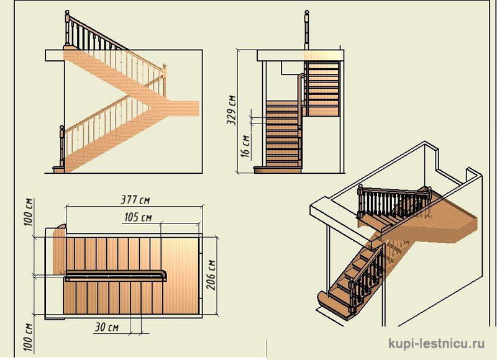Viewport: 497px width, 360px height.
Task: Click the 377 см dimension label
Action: [135, 200]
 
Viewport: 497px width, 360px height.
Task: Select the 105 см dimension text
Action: [138, 217]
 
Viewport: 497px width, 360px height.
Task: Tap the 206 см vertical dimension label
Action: [211, 275]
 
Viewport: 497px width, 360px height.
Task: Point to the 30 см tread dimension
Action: [106, 327]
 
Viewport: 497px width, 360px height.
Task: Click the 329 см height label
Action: [232, 110]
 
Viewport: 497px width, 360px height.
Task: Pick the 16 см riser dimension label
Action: [245, 146]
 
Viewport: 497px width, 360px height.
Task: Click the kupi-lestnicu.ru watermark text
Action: [436, 343]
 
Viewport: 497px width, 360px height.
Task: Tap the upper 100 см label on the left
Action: [29, 212]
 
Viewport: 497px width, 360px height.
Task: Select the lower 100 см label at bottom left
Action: [29, 337]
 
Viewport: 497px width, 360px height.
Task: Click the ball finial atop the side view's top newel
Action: [67, 12]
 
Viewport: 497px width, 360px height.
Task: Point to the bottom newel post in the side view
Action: [62, 146]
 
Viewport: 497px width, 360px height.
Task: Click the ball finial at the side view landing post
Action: [164, 66]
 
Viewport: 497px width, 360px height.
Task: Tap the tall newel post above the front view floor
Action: [306, 30]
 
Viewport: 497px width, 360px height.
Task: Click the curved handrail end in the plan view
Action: [163, 276]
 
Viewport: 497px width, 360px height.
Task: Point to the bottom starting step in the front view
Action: [277, 170]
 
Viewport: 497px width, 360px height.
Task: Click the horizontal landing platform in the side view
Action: [181, 108]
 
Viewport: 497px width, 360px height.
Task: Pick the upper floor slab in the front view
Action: [300, 55]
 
